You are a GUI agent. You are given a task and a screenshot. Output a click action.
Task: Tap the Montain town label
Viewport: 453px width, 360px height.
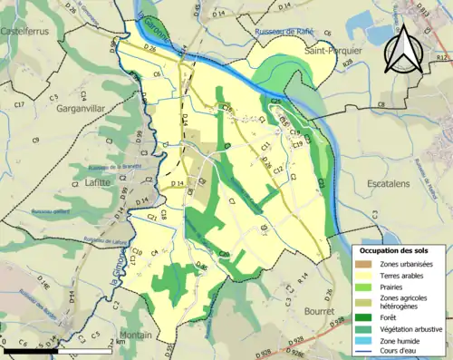pyautogui.click(x=135, y=335)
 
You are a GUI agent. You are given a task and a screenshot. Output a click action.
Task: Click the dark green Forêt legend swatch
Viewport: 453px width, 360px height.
pyautogui.click(x=363, y=316)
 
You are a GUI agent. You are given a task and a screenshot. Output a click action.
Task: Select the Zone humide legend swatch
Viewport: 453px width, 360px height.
pyautogui.click(x=363, y=339)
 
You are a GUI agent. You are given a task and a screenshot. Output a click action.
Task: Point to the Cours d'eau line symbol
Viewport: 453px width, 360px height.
pyautogui.click(x=363, y=351)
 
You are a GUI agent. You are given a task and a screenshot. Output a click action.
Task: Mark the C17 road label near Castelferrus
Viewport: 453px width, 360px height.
pyautogui.click(x=20, y=106)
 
